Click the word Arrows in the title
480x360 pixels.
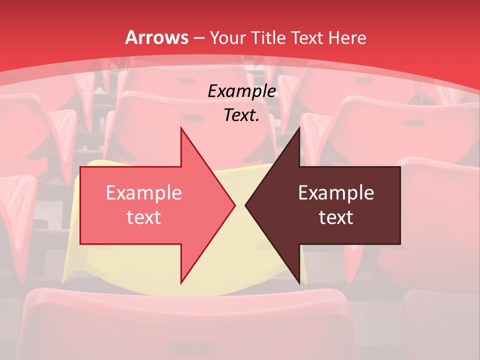157,37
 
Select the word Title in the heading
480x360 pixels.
268,37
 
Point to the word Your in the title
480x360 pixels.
228,37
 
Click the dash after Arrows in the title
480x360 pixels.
199,38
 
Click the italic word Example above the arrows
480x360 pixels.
242,91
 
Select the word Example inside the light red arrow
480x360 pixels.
144,193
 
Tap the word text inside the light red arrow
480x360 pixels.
144,217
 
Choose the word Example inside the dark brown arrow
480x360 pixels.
336,193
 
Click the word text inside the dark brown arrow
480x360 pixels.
336,217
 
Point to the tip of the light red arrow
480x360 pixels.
234,205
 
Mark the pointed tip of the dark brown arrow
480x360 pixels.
246,205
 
